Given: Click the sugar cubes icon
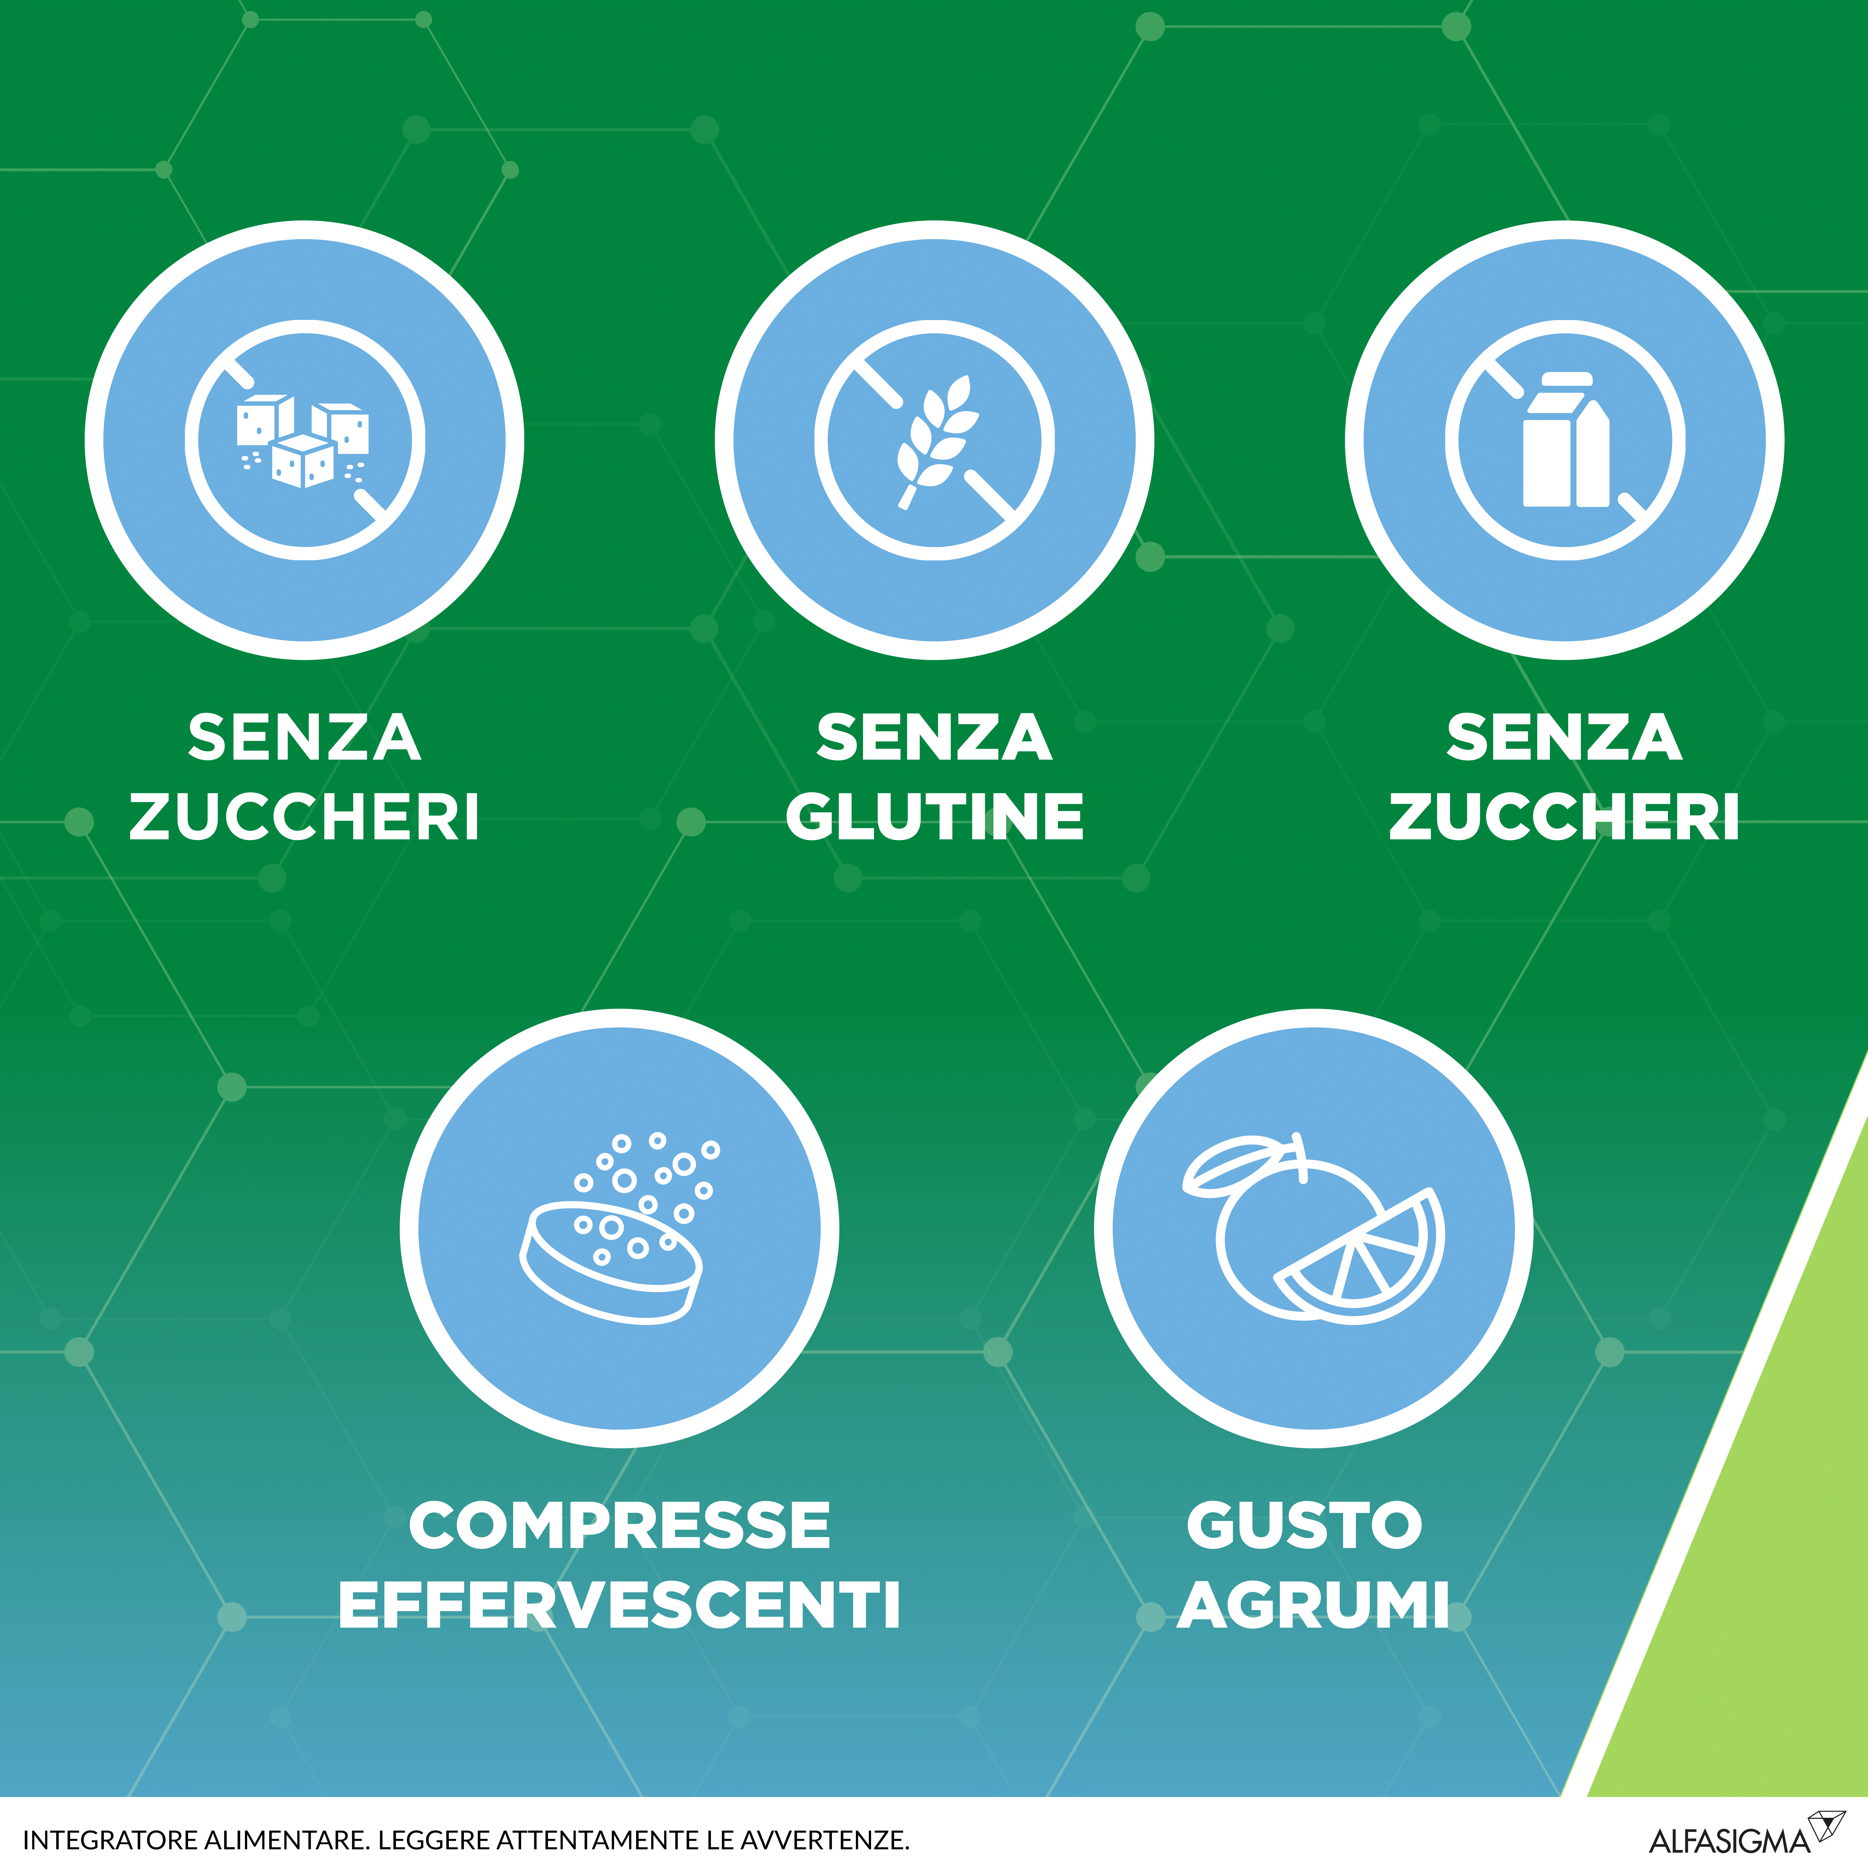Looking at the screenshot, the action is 303,440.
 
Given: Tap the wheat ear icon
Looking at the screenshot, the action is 936,440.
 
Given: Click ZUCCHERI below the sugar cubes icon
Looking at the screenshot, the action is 304,817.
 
